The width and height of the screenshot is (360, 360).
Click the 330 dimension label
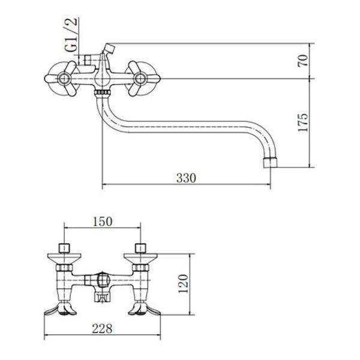[186, 178]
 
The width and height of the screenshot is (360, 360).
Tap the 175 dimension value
[303, 122]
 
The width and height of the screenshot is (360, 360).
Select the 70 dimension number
[303, 61]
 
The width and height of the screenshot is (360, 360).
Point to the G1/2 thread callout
[71, 35]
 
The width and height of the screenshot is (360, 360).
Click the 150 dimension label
[103, 221]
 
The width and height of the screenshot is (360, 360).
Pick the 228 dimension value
[103, 329]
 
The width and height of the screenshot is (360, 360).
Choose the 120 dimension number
[184, 284]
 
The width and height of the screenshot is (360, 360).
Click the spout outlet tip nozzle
[269, 163]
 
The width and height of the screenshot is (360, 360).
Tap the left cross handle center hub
[64, 79]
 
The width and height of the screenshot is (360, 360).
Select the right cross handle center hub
[140, 79]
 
